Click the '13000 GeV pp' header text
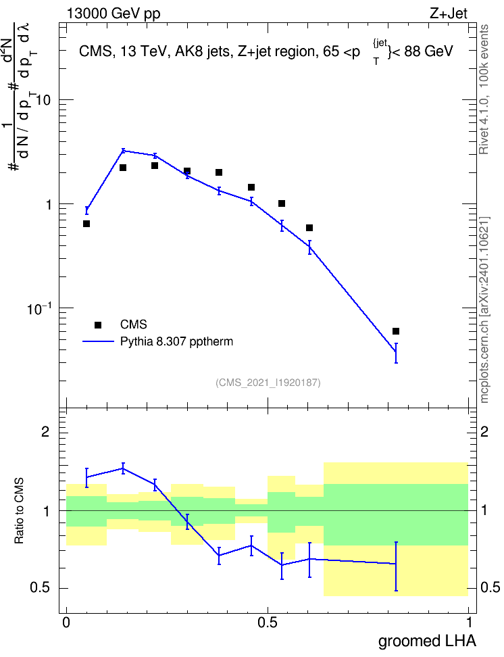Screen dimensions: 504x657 (x=114, y=14)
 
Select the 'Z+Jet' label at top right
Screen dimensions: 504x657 (x=448, y=14)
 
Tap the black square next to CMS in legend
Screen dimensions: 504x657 (x=98, y=324)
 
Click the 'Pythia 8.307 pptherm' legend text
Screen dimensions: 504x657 (x=176, y=341)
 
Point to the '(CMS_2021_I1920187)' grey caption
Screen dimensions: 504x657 (x=268, y=382)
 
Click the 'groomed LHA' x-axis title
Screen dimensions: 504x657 (x=428, y=641)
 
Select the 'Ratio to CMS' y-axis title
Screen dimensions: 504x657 (x=19, y=511)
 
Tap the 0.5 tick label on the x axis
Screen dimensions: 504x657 (x=268, y=623)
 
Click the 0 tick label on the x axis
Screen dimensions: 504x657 (x=66, y=623)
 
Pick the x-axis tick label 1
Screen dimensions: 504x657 (x=469, y=623)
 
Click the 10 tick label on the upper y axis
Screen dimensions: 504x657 (x=43, y=100)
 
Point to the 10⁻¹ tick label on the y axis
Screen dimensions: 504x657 (x=39, y=308)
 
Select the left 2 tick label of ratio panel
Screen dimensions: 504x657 (x=45, y=431)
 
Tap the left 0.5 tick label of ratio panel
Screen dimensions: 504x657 (x=41, y=588)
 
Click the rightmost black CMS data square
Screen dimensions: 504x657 (x=396, y=331)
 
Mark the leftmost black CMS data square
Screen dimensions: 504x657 (x=86, y=224)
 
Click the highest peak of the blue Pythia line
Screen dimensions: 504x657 (x=123, y=151)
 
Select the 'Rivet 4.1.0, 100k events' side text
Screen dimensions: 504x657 (x=484, y=89)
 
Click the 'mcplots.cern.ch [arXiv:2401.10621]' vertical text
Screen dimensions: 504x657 (x=484, y=310)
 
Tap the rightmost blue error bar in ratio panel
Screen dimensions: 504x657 (x=396, y=566)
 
